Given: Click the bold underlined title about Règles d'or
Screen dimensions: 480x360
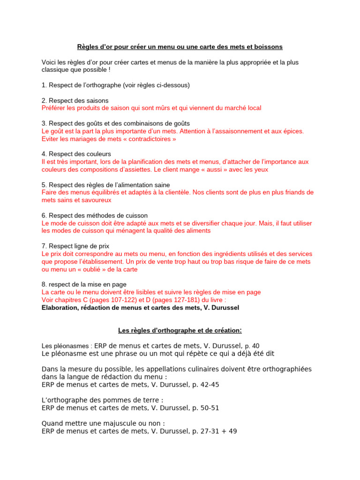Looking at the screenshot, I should click(x=180, y=47).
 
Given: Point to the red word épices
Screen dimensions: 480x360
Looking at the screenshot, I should click(x=291, y=131).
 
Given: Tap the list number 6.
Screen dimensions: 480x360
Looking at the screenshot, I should click(x=44, y=215).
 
